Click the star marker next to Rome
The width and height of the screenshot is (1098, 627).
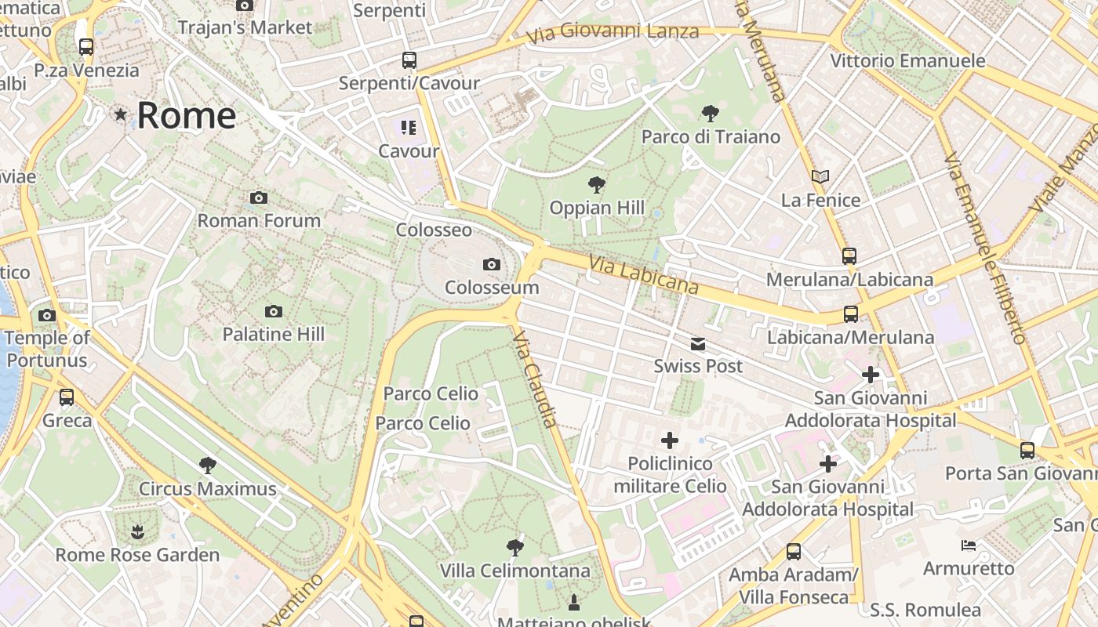click(120, 115)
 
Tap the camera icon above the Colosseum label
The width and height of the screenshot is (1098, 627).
click(492, 264)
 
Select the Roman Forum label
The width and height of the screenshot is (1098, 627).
click(259, 220)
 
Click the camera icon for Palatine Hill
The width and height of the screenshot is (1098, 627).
click(273, 311)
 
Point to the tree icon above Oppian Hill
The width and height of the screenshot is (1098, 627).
click(597, 185)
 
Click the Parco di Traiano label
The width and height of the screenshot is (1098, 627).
click(711, 136)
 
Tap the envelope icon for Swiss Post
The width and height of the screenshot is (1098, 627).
click(698, 343)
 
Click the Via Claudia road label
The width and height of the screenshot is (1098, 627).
click(535, 379)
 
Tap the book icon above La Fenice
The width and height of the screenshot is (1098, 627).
click(820, 177)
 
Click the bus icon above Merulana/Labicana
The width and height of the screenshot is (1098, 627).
click(849, 256)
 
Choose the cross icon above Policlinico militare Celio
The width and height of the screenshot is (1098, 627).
click(670, 440)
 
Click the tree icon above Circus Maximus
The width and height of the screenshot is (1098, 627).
click(208, 466)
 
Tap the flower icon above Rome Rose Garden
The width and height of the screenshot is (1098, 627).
click(137, 532)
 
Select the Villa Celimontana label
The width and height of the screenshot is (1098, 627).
click(514, 570)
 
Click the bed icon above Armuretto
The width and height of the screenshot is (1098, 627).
click(969, 545)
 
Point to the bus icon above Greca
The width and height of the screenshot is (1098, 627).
click(67, 397)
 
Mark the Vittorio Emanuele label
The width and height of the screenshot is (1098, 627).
click(907, 60)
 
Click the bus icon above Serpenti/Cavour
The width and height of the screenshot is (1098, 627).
click(409, 60)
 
